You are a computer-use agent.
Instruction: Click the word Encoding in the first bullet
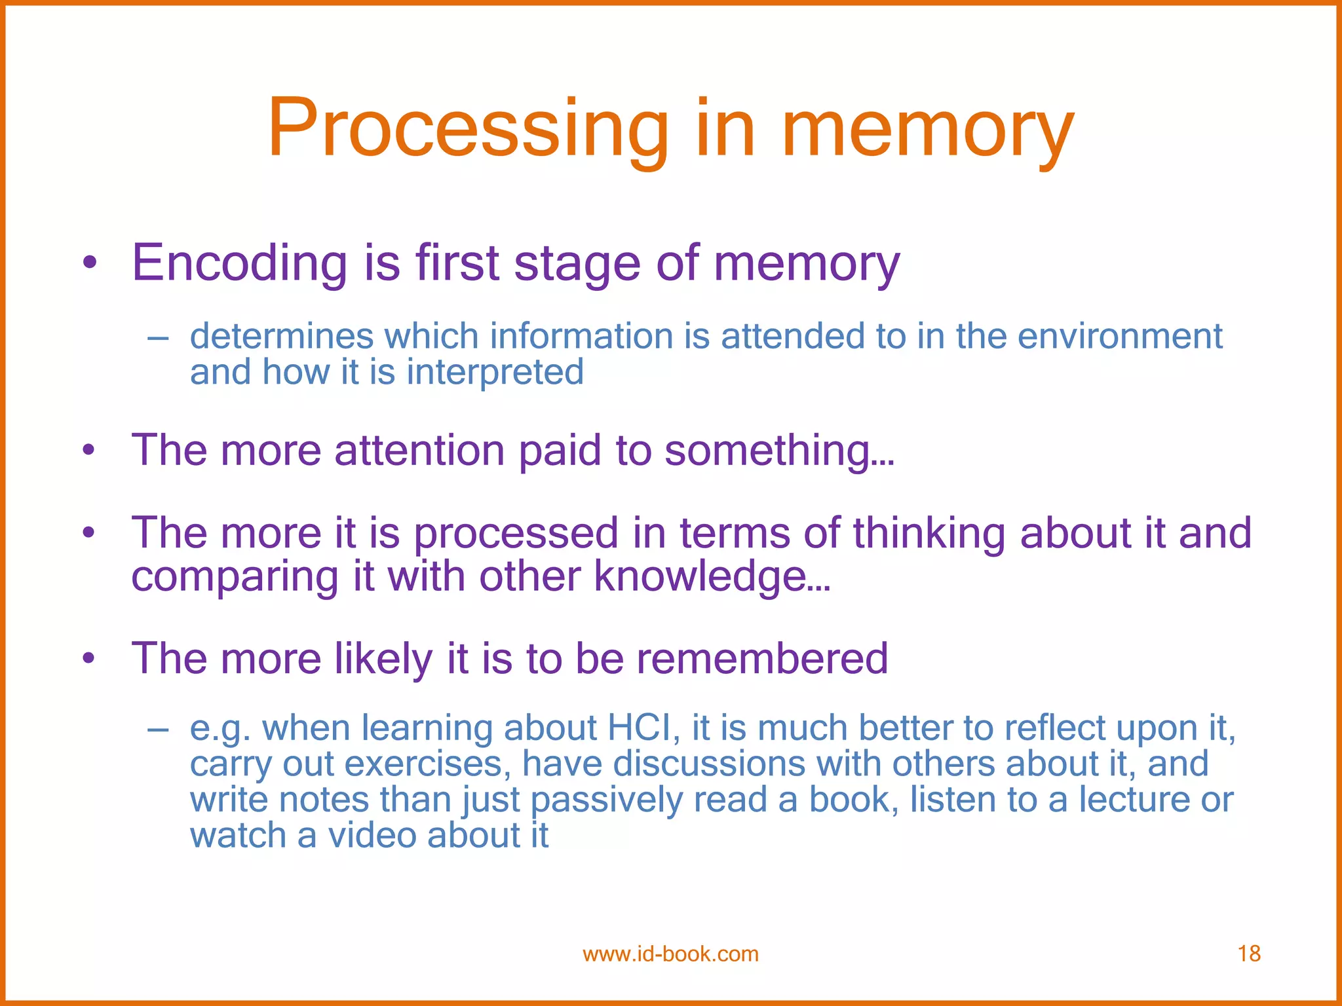coord(239,263)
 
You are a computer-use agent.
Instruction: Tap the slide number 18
coord(1249,954)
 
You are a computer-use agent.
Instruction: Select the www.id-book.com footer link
coord(670,954)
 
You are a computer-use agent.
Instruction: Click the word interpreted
coord(495,372)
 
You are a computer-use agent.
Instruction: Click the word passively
coord(606,800)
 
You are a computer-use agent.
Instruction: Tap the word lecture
coord(1134,800)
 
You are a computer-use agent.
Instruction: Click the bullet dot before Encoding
coord(90,264)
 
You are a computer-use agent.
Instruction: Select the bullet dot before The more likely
coord(90,658)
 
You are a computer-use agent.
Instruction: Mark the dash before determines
coord(158,338)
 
